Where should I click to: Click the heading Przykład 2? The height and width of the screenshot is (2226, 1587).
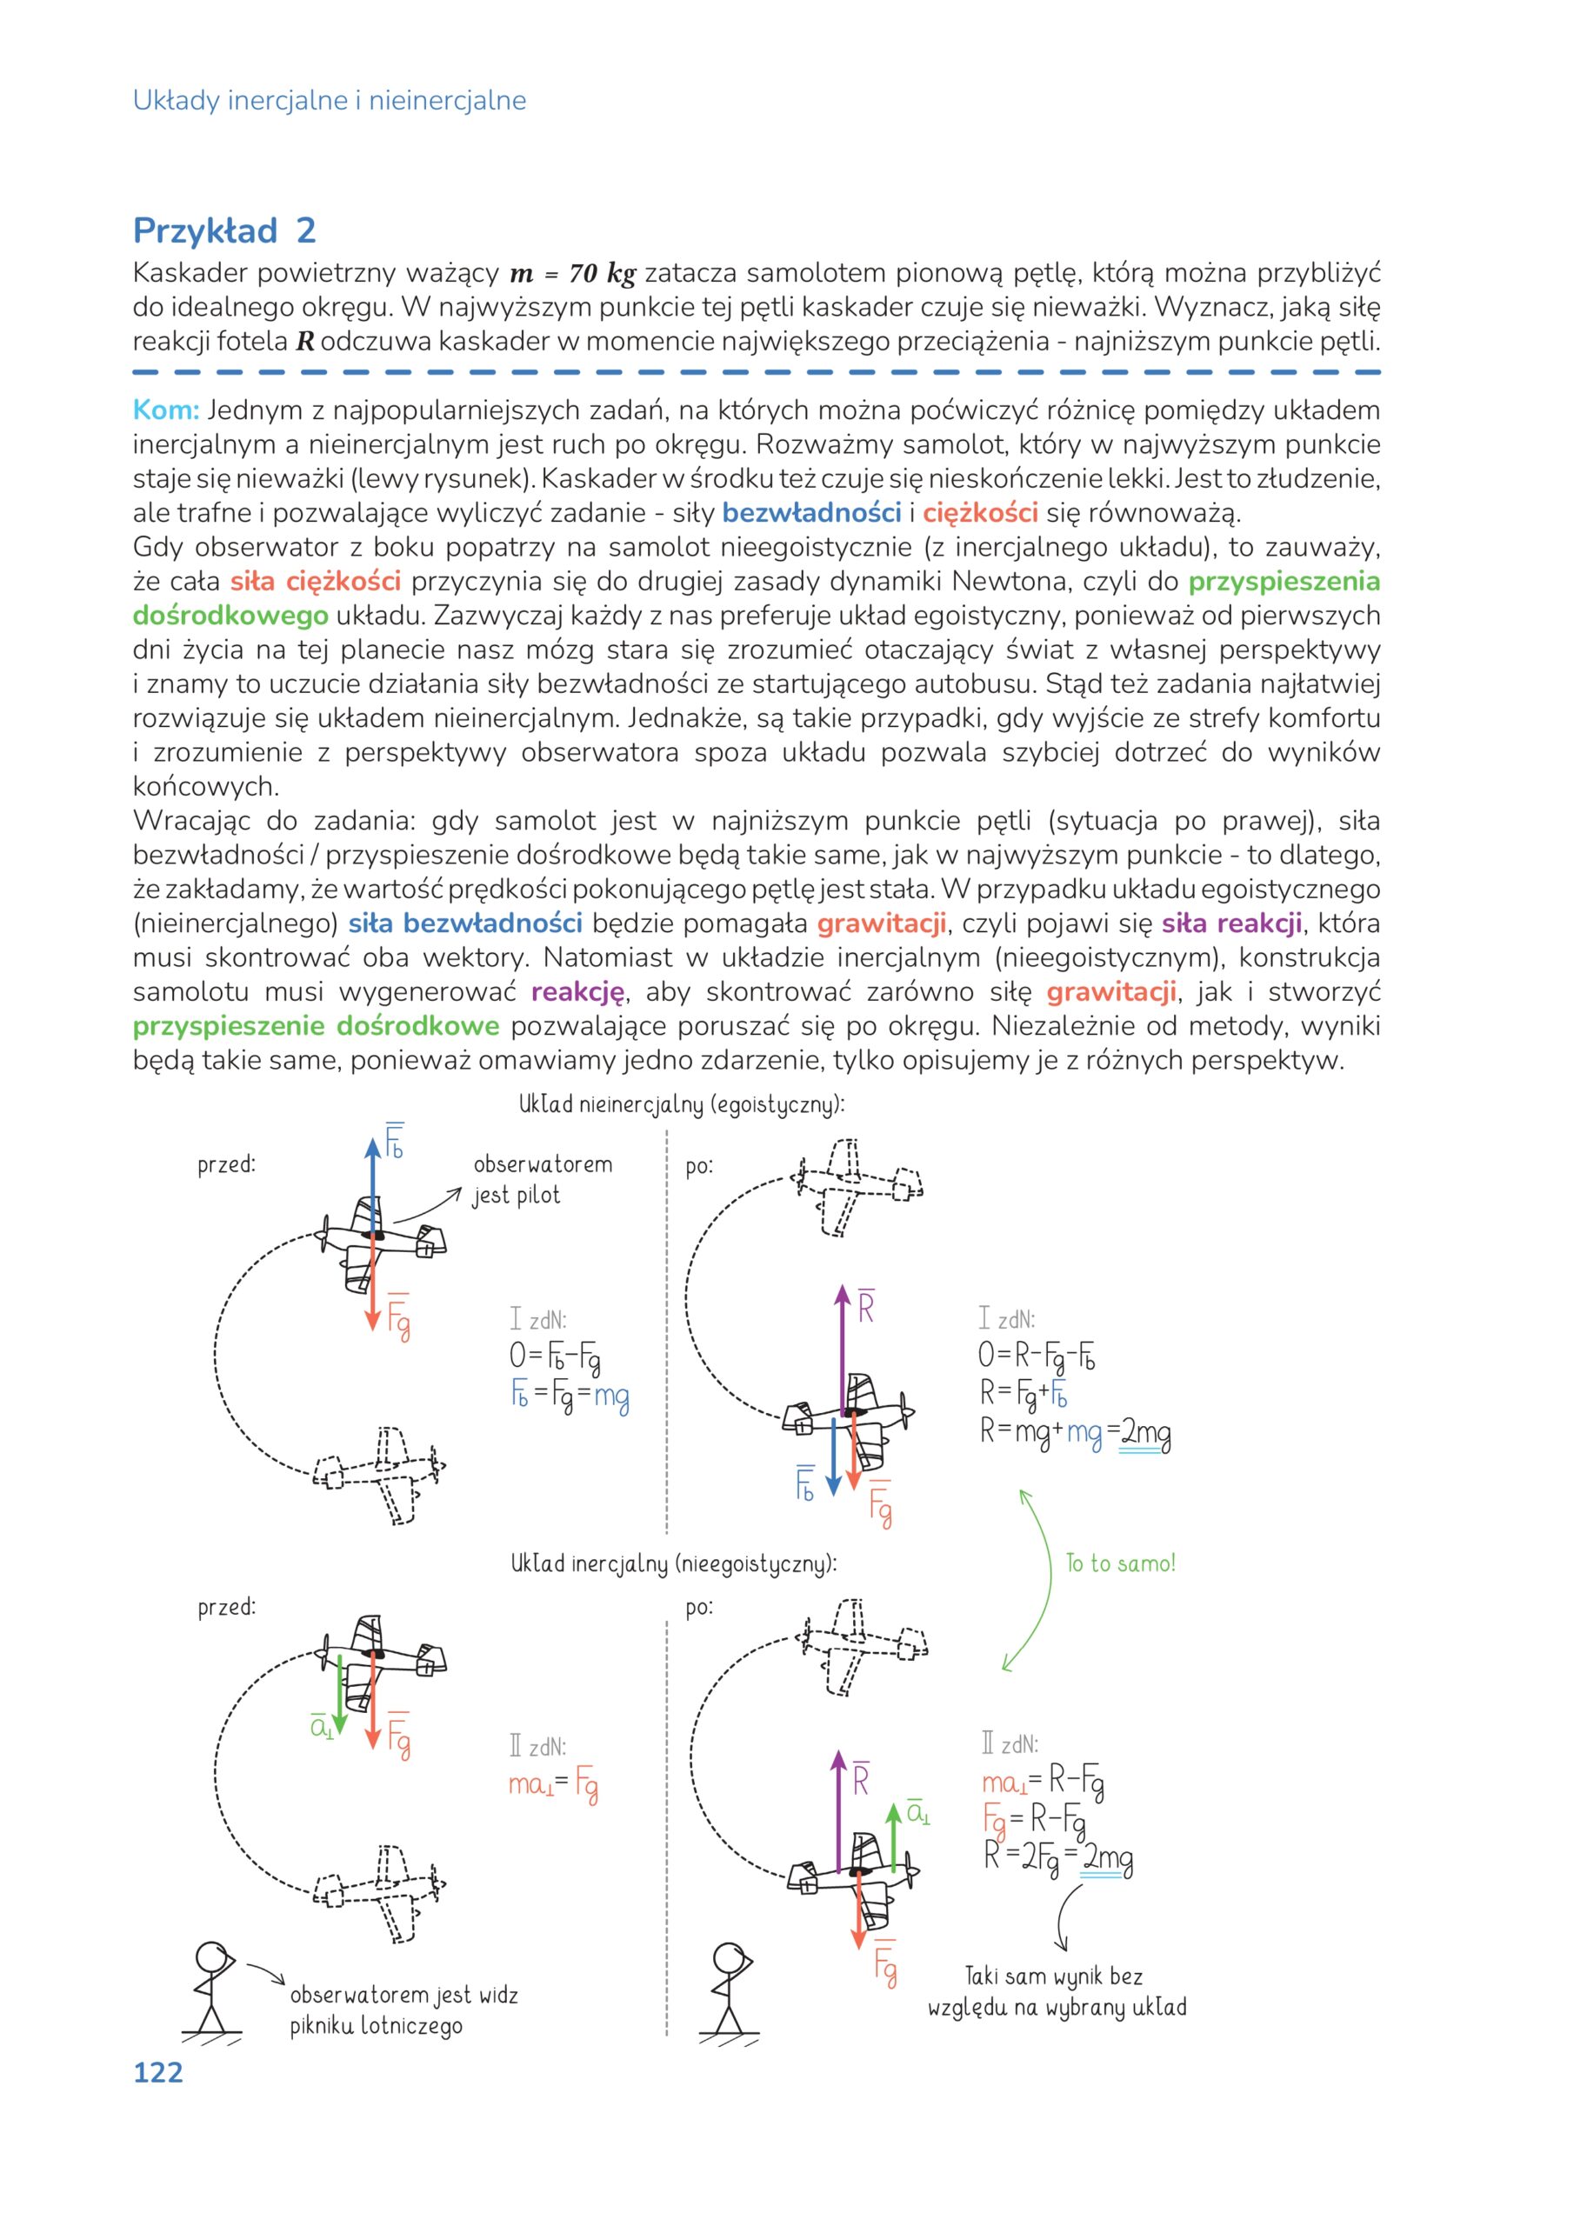pos(223,230)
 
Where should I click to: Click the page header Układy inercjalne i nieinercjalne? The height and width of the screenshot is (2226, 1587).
pos(330,100)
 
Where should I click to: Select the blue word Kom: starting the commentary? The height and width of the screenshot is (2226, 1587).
pos(165,410)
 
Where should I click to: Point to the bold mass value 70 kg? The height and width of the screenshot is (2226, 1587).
pos(601,274)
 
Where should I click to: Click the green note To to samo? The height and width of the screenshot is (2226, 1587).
pos(1120,1563)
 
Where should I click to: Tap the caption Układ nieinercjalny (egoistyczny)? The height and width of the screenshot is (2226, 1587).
pos(681,1104)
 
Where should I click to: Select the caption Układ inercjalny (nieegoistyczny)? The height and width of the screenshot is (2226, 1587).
pos(673,1563)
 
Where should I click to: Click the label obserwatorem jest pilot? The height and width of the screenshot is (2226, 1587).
pos(542,1178)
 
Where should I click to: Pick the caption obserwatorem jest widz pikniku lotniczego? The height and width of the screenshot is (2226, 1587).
pos(403,2010)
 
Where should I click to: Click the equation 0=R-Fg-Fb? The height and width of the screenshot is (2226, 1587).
pos(1036,1356)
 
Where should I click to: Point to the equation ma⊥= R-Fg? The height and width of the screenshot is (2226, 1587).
pos(1043,1782)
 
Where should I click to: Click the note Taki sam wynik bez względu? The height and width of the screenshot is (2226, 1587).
pos(1057,1991)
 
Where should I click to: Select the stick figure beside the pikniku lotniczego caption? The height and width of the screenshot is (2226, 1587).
pos(212,1989)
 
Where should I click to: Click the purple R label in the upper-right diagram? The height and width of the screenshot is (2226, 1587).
pos(866,1307)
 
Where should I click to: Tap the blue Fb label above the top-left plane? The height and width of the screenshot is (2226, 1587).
pos(394,1142)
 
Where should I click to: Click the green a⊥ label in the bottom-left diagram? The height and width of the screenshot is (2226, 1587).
pos(322,1727)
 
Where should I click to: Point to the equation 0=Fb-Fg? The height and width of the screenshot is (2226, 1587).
pos(554,1356)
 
